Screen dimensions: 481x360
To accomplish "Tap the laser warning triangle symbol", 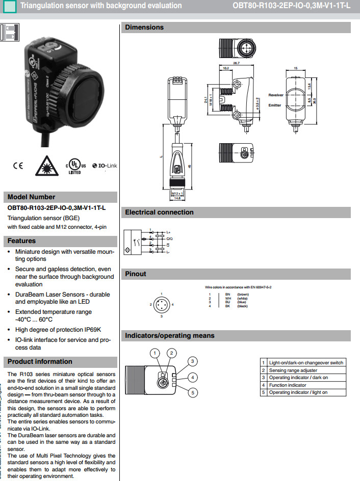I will point(47,165).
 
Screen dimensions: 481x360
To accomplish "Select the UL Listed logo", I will point(74,166).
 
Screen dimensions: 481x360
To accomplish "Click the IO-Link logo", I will point(105,166).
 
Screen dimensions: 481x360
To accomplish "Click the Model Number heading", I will point(32,197).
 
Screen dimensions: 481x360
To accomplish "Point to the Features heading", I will point(22,240).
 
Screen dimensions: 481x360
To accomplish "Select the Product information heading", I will point(40,361).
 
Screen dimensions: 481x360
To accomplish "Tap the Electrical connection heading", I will point(159,212).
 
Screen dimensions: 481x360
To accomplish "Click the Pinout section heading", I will point(136,274).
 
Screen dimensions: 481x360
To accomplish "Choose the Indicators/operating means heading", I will point(169,335).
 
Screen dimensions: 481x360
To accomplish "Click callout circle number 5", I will point(193,392).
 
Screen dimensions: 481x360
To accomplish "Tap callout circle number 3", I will point(193,361).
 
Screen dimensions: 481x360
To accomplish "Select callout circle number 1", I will point(155,353).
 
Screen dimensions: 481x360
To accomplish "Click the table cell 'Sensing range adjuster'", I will point(293,370).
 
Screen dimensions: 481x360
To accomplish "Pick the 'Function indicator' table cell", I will point(288,385).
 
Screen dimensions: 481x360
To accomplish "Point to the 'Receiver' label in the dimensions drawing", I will point(276,95).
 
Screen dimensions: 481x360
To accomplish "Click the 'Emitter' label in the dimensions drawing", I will point(276,105).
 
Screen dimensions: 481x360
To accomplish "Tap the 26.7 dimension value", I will point(236,63).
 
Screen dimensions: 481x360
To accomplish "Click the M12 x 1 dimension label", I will point(176,194).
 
